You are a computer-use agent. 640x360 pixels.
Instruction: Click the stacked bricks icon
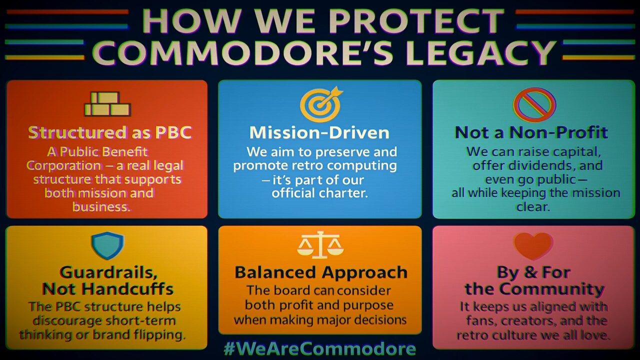(107, 103)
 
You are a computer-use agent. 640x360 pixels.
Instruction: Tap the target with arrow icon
(321, 104)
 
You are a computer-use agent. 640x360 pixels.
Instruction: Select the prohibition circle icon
(534, 104)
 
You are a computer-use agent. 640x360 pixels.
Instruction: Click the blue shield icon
(107, 245)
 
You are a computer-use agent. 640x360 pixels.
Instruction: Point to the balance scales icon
(320, 245)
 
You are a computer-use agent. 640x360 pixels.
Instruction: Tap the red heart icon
(533, 245)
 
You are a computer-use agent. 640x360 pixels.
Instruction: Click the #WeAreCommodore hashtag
(319, 348)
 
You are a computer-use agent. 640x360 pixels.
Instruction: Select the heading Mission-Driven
(319, 132)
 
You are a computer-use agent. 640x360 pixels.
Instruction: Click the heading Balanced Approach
(321, 272)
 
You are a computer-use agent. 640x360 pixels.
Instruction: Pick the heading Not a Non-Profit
(531, 132)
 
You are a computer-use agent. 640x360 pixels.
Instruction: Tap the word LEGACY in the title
(482, 53)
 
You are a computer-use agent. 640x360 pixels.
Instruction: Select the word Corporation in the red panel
(63, 165)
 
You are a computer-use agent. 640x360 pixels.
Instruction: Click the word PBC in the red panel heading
(173, 132)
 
